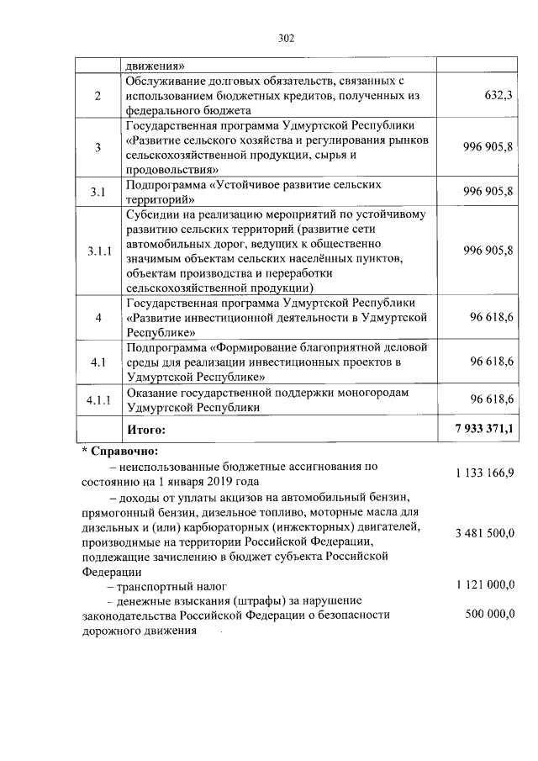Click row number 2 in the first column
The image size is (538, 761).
pos(98,96)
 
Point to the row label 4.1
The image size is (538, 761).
pos(98,362)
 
